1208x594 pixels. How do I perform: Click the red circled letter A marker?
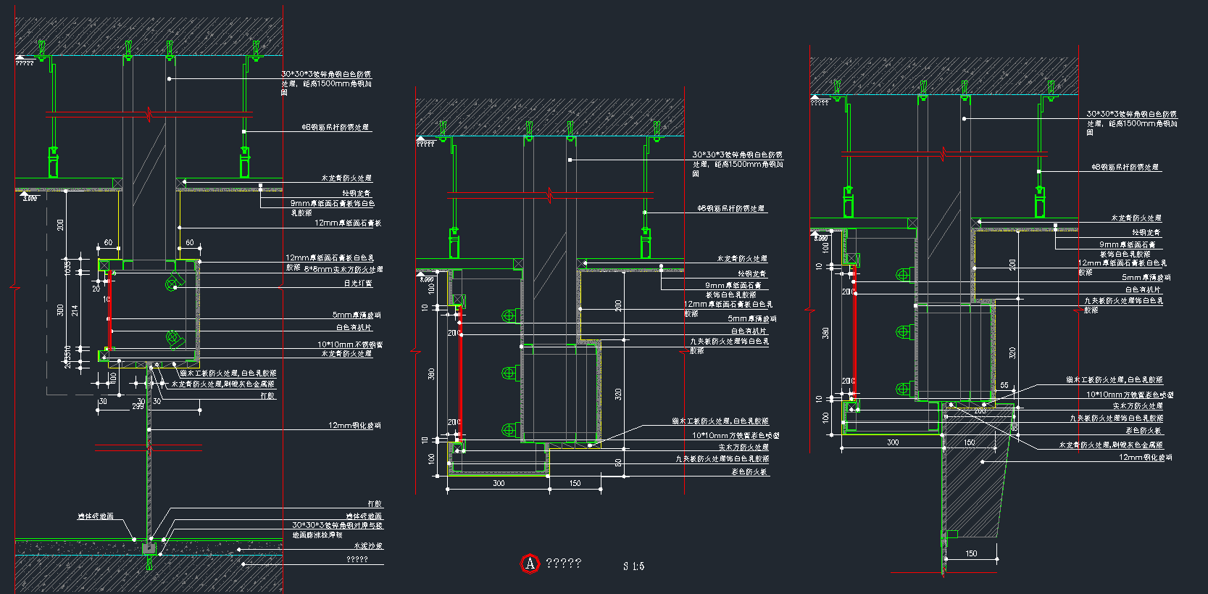(530, 564)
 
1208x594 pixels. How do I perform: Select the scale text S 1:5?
(633, 566)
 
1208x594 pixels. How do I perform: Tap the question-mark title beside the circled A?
(564, 564)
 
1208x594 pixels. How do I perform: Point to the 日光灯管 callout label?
(358, 284)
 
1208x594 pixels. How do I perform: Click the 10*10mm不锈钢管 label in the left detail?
(350, 345)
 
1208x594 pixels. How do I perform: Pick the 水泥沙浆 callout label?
(368, 546)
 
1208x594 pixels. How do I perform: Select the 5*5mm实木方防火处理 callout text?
(343, 270)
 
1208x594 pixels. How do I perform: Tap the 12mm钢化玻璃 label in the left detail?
(354, 426)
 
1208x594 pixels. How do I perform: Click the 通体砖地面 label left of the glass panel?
(96, 516)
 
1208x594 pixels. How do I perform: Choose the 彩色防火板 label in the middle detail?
(749, 472)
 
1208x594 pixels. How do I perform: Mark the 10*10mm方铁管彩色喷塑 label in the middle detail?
(736, 436)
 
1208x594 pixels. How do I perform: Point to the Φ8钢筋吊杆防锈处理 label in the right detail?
(1125, 168)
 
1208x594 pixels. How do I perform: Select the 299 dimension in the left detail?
(138, 407)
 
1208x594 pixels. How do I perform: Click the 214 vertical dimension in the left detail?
(75, 310)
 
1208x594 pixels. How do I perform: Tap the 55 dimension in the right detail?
(1004, 385)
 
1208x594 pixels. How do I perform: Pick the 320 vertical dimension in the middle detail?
(618, 394)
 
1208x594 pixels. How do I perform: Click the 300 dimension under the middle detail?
(499, 483)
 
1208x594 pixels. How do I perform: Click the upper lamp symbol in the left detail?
(172, 283)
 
